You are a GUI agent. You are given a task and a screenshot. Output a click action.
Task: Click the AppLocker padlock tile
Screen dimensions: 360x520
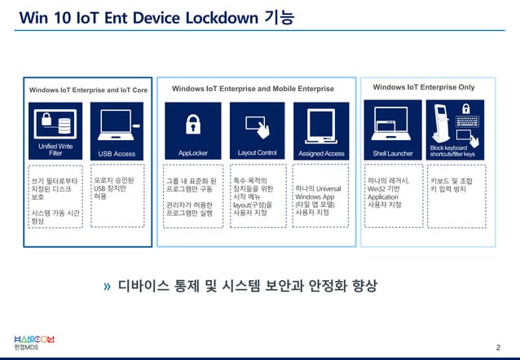pos(193,130)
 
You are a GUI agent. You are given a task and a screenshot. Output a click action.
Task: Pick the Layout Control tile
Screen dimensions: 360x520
pos(257,130)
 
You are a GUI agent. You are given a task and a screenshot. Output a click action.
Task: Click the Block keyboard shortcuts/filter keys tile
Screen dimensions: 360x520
pos(457,130)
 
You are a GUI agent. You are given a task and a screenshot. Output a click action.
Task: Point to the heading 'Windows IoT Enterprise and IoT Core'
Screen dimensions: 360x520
pos(88,90)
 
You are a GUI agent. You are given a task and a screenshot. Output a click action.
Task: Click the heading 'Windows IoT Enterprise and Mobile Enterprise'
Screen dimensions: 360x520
pos(253,88)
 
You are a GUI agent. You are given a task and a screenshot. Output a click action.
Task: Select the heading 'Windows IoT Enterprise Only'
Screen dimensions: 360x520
pos(423,86)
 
